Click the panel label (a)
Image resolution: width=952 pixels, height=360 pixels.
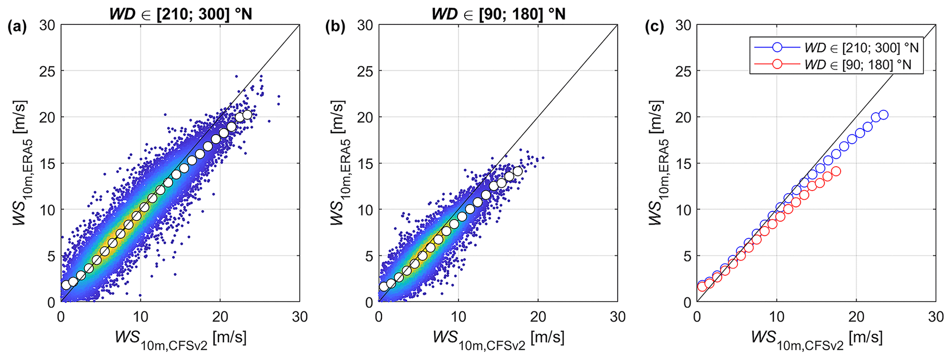(18, 27)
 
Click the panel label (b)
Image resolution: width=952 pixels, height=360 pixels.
(335, 27)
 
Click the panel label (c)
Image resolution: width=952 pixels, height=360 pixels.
(654, 27)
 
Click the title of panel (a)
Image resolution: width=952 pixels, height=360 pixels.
(180, 14)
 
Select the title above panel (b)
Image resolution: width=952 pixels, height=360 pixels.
(498, 14)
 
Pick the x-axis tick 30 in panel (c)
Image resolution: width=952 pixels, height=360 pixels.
(935, 317)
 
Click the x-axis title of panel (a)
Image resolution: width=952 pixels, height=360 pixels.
(180, 339)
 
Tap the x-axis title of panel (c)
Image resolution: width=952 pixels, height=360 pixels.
(817, 339)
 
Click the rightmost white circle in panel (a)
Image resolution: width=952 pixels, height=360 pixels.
(247, 115)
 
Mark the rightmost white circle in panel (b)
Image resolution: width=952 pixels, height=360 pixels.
(518, 171)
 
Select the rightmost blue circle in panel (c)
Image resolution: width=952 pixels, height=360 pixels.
(883, 115)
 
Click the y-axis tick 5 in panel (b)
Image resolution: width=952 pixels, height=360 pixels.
(370, 256)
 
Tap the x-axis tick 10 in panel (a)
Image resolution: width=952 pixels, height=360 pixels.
(140, 317)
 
